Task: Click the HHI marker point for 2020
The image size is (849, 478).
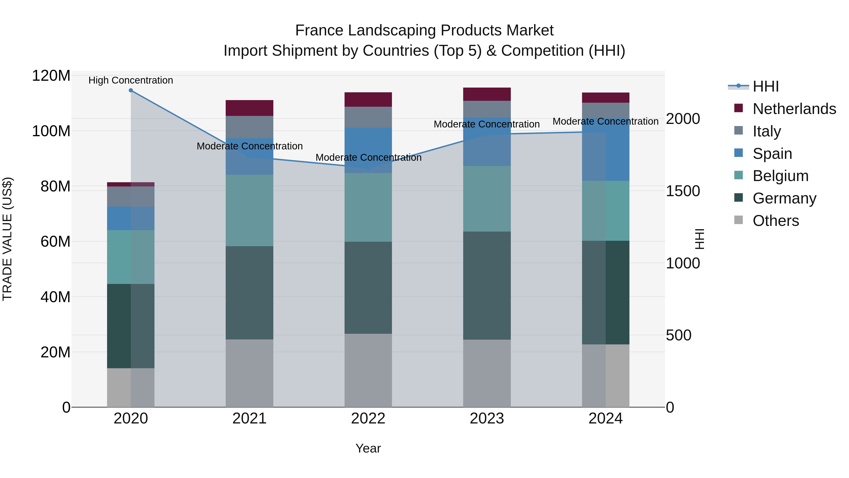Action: [131, 90]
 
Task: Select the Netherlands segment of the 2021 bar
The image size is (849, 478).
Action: [250, 108]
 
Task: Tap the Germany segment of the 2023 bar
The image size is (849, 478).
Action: [487, 285]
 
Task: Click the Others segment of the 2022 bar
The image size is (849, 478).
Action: [368, 370]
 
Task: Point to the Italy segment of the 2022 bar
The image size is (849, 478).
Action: [368, 117]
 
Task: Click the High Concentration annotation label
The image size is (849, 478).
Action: [131, 80]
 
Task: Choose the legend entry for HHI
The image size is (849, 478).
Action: [766, 86]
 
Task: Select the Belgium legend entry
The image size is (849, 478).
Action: [780, 176]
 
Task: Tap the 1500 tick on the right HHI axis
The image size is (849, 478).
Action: [683, 191]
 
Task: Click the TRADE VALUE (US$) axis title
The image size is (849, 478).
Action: [7, 239]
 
